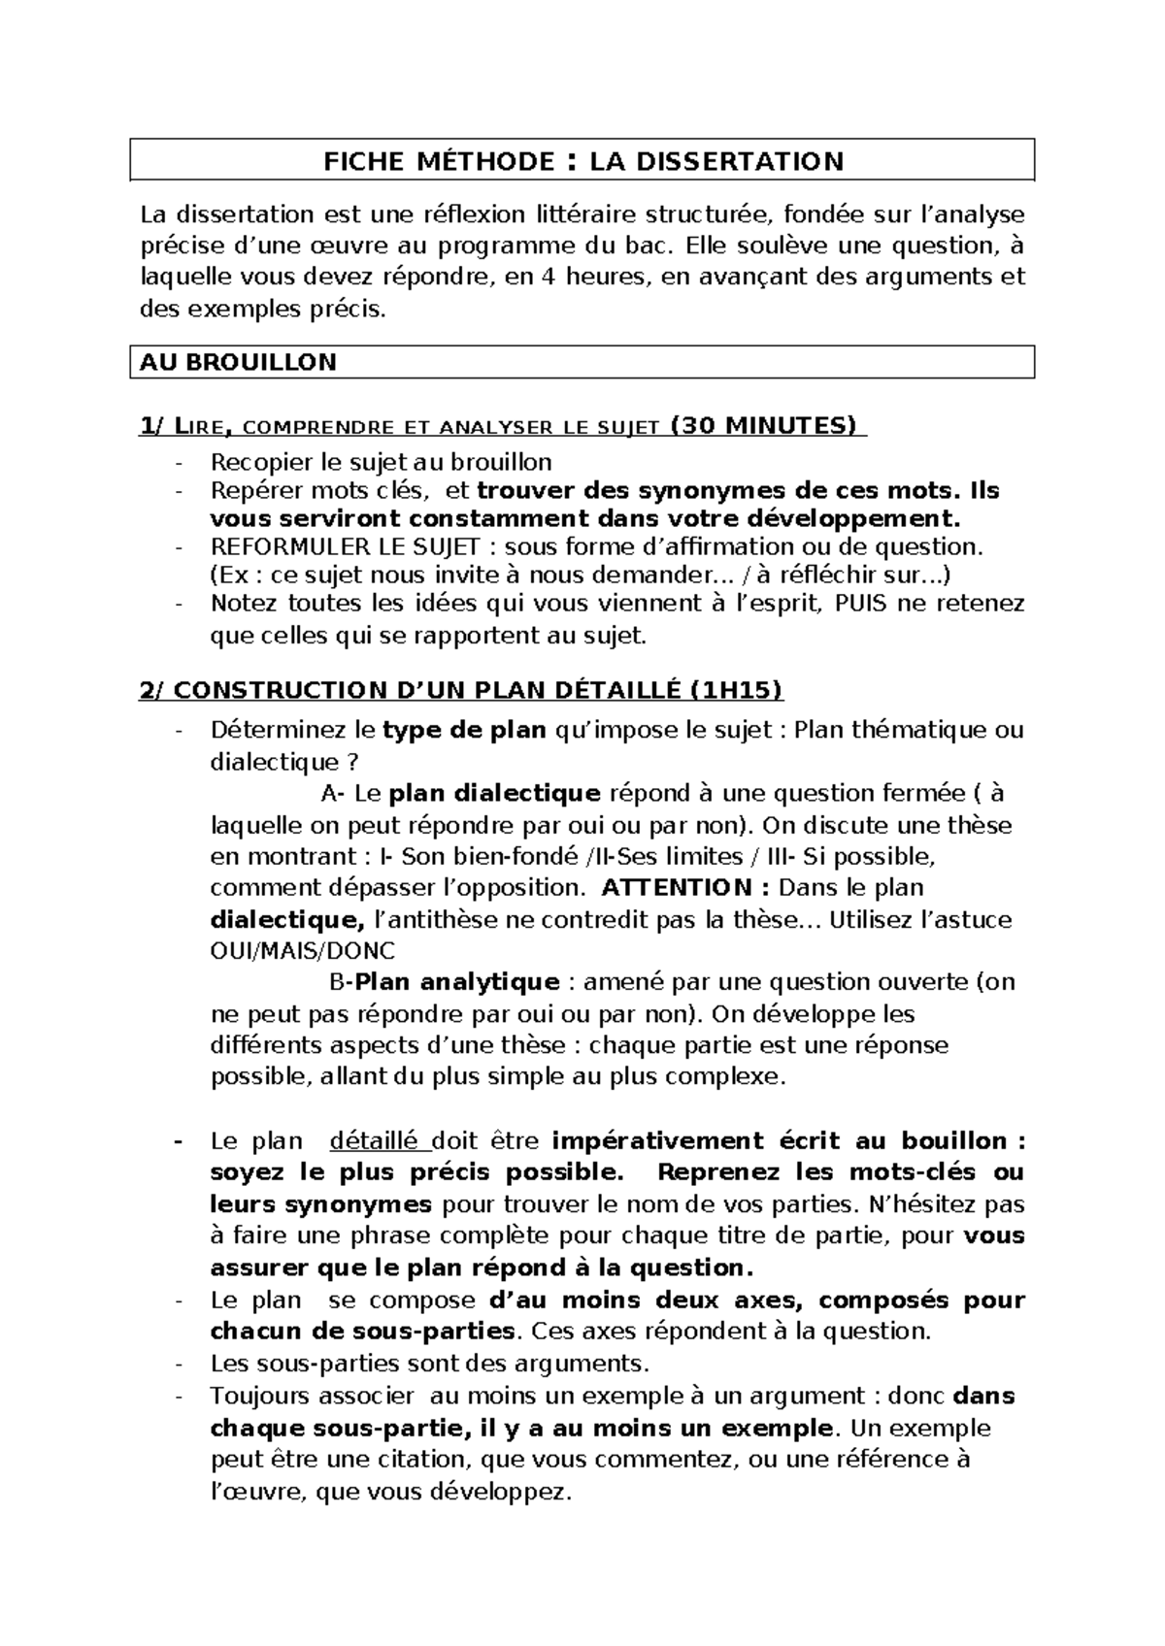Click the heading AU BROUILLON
coord(238,363)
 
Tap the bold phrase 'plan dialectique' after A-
coord(494,793)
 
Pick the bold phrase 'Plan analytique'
coord(457,982)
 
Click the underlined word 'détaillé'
coord(374,1140)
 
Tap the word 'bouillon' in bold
coord(953,1140)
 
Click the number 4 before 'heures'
coord(548,277)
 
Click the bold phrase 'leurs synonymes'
coord(320,1204)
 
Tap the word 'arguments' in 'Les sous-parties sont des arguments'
coord(587,1364)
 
